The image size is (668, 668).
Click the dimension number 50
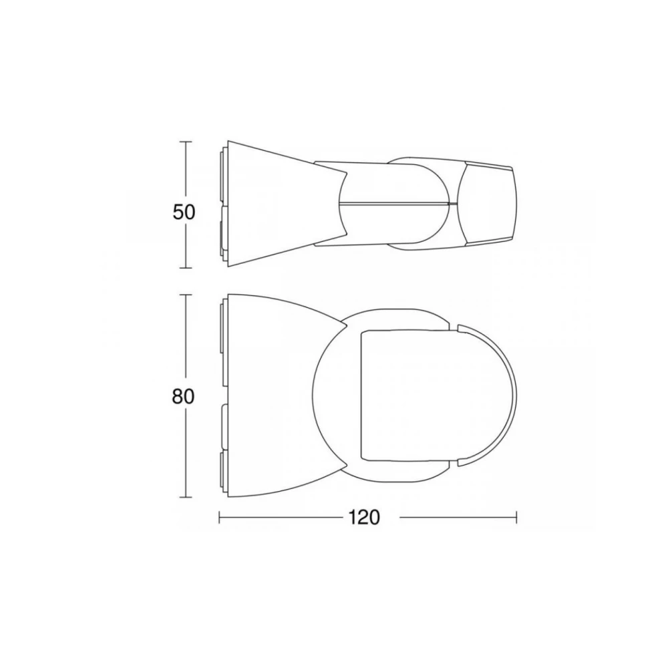pos(183,212)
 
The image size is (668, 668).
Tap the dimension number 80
pos(183,396)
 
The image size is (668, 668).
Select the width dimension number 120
pos(363,517)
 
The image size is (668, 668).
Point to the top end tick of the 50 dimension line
pos(186,142)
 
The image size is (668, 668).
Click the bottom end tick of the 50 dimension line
pos(186,267)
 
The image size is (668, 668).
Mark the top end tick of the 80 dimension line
pos(186,295)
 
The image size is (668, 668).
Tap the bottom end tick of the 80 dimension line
pos(186,498)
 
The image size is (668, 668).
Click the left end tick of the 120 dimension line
pos(220,517)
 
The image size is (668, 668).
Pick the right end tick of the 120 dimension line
pos(516,517)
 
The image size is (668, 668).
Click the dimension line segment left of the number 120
pos(281,517)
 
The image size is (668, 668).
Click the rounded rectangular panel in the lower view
pos(407,394)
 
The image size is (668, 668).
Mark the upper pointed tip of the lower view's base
pos(347,323)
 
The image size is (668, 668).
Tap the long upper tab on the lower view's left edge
pos(222,344)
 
